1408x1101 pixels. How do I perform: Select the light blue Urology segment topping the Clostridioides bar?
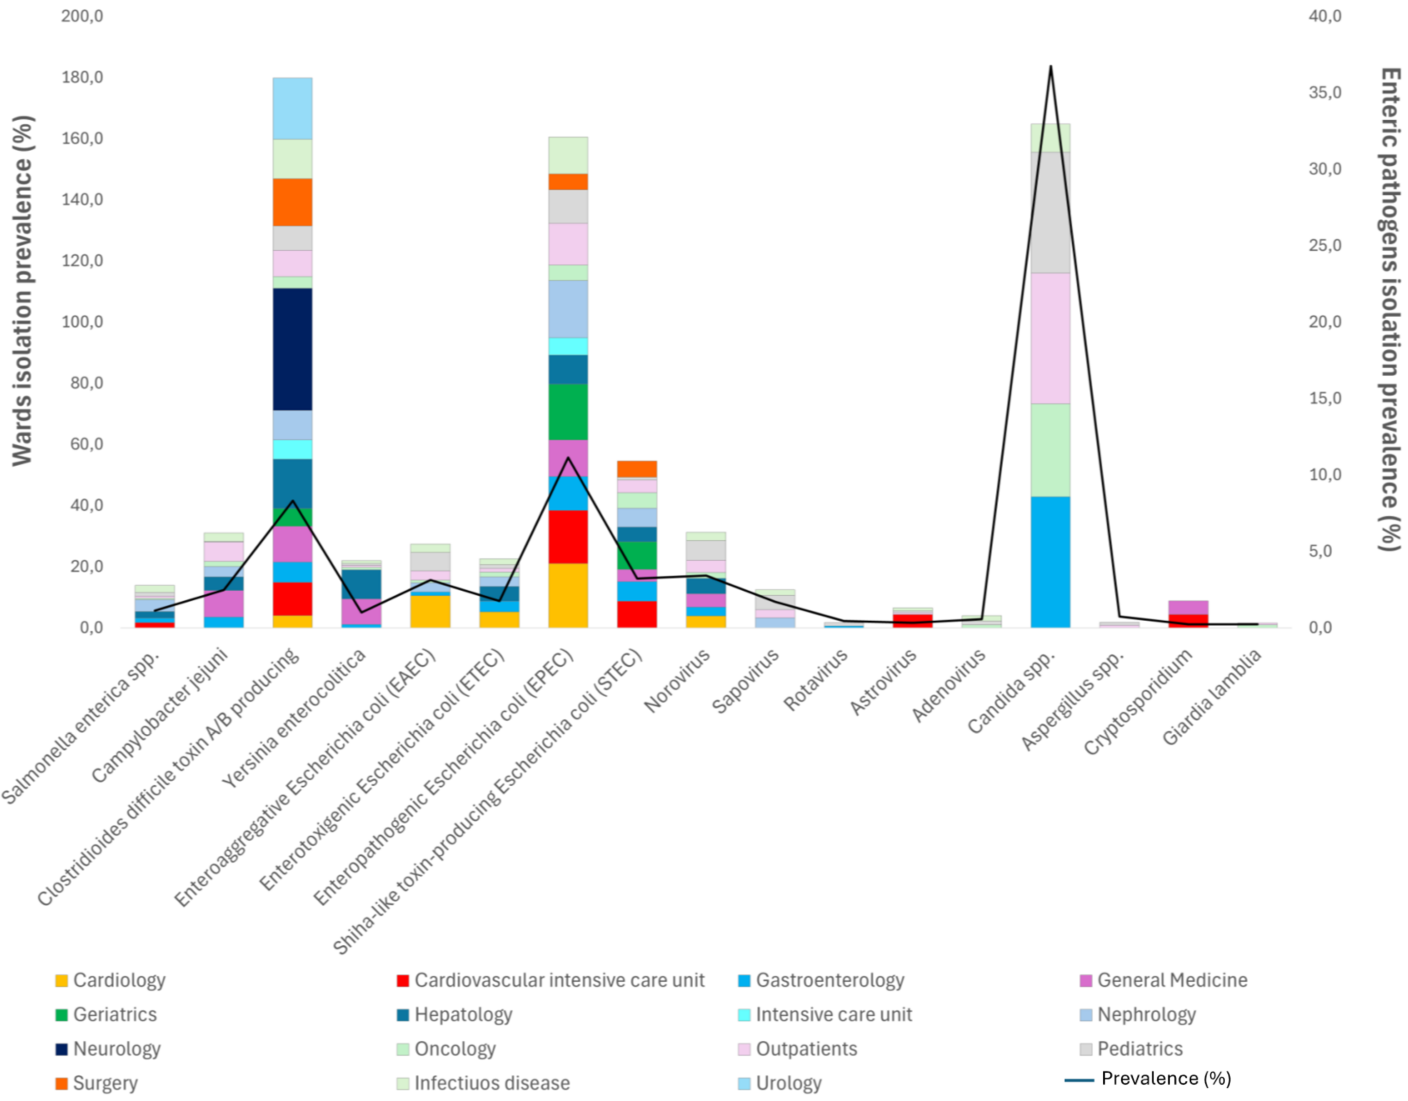coord(292,108)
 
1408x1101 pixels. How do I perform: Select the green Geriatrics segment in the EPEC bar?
coord(567,412)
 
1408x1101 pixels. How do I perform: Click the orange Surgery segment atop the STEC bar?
coord(636,469)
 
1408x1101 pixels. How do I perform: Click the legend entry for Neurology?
coord(116,1049)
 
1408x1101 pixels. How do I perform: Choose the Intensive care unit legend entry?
coord(833,1015)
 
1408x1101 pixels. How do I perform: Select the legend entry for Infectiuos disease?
coord(491,1083)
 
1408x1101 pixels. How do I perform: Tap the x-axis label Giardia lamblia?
coord(1212,696)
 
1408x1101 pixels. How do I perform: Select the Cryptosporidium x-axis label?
coord(1138,701)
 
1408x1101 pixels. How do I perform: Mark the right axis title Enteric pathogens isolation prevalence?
coord(1389,309)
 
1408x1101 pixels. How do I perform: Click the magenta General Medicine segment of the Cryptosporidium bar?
coord(1188,607)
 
